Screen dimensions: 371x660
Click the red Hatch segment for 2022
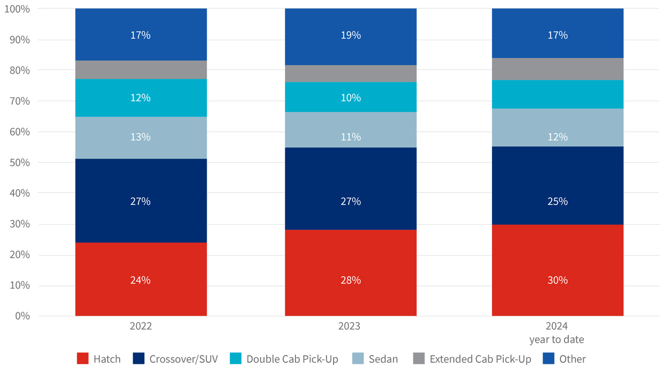pyautogui.click(x=141, y=258)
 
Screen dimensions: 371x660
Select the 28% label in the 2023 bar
pyautogui.click(x=351, y=280)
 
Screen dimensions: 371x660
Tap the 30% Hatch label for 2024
pyautogui.click(x=557, y=280)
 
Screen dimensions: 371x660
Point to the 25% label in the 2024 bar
pyautogui.click(x=557, y=201)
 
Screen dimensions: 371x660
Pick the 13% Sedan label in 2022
pyautogui.click(x=141, y=137)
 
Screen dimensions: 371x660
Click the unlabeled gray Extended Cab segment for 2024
pyautogui.click(x=557, y=69)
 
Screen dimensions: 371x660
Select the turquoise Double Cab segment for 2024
pyautogui.click(x=557, y=94)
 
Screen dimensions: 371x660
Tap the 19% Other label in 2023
pyautogui.click(x=351, y=35)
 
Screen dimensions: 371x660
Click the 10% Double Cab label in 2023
pyautogui.click(x=351, y=98)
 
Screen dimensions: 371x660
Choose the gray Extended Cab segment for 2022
pyautogui.click(x=141, y=70)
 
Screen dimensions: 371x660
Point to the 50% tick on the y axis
pyautogui.click(x=19, y=162)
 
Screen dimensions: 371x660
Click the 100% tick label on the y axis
pyautogui.click(x=16, y=9)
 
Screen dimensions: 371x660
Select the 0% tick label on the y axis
pyautogui.click(x=22, y=316)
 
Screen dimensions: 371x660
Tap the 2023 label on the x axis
pyautogui.click(x=349, y=326)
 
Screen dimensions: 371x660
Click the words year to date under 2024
pyautogui.click(x=556, y=340)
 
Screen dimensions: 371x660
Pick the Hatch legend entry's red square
pyautogui.click(x=82, y=359)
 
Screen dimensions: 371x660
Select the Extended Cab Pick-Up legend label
pyautogui.click(x=480, y=359)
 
